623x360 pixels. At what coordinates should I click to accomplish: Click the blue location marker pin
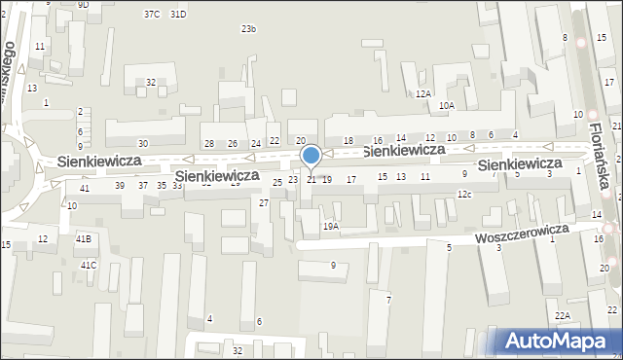[x=311, y=156]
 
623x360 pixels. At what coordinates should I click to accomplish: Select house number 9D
[x=84, y=4]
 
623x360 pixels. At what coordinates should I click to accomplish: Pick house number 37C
[x=151, y=15]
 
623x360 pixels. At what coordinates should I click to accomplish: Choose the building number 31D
[x=177, y=15]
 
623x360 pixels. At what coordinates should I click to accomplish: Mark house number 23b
[x=249, y=29]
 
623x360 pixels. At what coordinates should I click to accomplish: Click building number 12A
[x=422, y=94]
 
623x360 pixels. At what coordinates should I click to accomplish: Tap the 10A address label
[x=446, y=105]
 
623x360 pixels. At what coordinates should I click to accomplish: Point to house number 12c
[x=464, y=195]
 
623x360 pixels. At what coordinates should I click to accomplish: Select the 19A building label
[x=331, y=226]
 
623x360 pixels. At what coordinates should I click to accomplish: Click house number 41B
[x=84, y=238]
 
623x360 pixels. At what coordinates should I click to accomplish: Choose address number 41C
[x=89, y=265]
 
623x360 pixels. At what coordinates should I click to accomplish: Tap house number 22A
[x=563, y=316]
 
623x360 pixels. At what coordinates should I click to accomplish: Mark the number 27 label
[x=264, y=202]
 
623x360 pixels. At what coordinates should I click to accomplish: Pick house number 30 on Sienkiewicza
[x=143, y=144]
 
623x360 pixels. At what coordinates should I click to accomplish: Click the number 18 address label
[x=348, y=142]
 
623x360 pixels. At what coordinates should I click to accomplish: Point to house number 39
[x=120, y=185]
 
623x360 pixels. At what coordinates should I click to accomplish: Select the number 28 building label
[x=208, y=144]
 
